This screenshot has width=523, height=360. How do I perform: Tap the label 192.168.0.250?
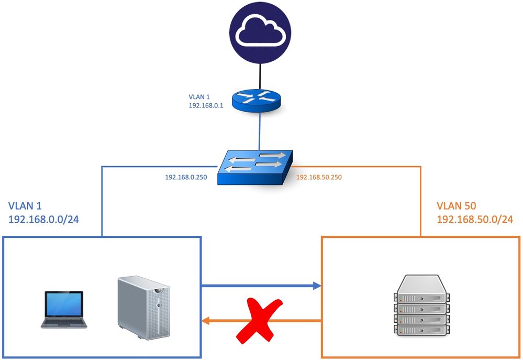[x=186, y=178]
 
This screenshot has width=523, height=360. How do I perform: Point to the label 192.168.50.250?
[x=319, y=178]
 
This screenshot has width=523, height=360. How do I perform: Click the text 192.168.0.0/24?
[x=43, y=219]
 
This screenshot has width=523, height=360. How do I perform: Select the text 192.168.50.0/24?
[x=474, y=219]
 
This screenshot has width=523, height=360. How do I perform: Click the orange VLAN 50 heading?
[x=457, y=206]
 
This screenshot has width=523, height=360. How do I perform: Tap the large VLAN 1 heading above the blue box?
[x=26, y=206]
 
